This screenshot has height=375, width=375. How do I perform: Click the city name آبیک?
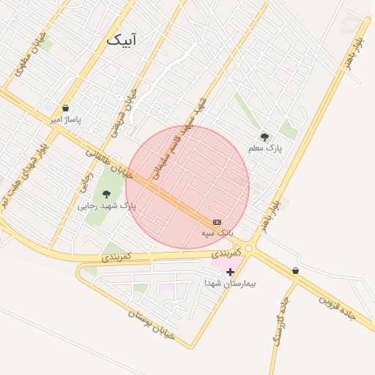pyautogui.click(x=121, y=40)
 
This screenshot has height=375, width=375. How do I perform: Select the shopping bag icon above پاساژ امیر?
pyautogui.click(x=65, y=108)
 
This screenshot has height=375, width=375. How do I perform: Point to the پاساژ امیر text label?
pyautogui.click(x=65, y=119)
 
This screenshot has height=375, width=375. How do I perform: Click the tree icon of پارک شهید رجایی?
pyautogui.click(x=107, y=194)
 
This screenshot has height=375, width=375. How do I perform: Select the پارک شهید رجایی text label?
pyautogui.click(x=107, y=206)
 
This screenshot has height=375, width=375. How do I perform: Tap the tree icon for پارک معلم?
pyautogui.click(x=264, y=136)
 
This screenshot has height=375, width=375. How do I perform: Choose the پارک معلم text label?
pyautogui.click(x=264, y=148)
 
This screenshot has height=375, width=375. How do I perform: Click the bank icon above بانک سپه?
pyautogui.click(x=217, y=221)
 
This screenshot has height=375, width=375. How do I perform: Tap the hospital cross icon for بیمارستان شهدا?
pyautogui.click(x=230, y=272)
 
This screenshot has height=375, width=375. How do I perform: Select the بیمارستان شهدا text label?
pyautogui.click(x=230, y=283)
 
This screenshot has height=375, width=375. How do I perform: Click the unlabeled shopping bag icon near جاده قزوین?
pyautogui.click(x=294, y=270)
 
